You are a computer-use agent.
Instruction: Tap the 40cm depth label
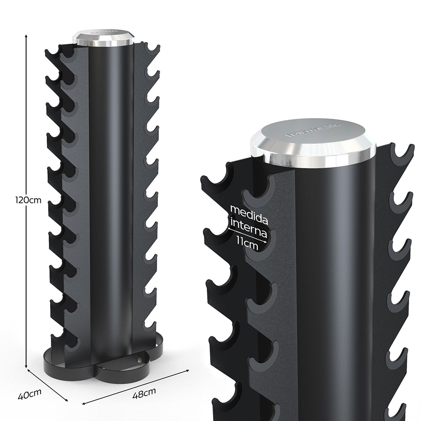(29, 395)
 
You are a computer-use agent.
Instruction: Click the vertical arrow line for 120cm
(27, 126)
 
